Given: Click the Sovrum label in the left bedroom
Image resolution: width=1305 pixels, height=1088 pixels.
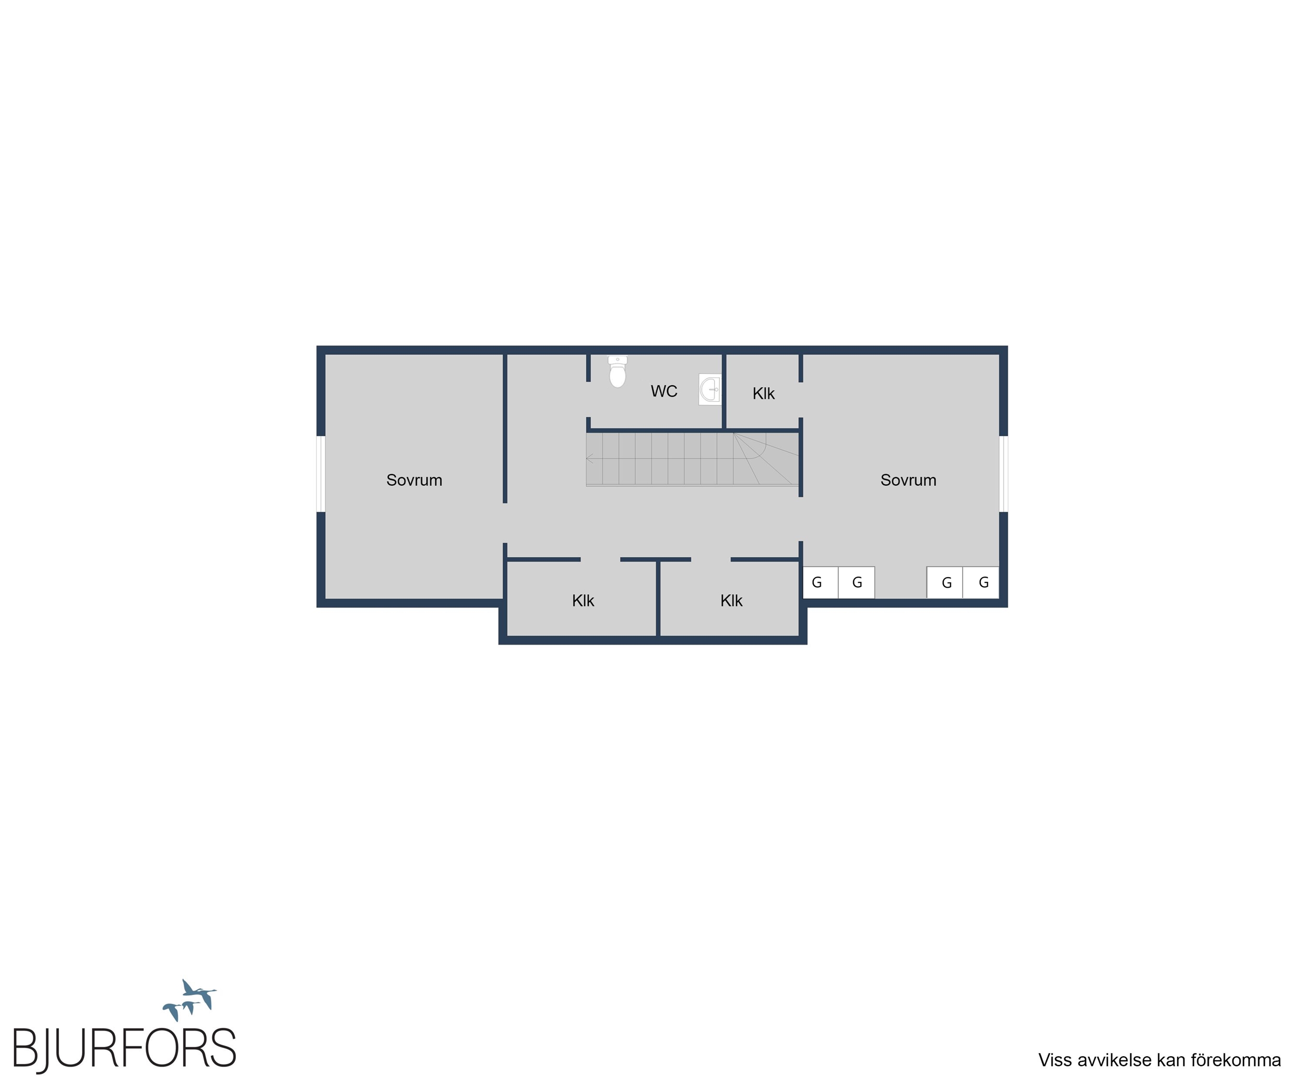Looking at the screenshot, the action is tap(414, 480).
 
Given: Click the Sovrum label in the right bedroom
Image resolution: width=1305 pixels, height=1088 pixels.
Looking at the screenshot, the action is tap(908, 480).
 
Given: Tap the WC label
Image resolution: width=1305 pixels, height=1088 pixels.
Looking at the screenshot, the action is tap(663, 391).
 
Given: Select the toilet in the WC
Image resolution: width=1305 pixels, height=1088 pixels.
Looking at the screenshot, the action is tap(617, 371).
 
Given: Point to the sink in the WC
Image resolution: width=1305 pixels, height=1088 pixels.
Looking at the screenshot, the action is tap(710, 389).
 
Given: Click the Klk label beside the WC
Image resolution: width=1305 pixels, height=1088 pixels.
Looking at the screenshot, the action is tap(763, 393).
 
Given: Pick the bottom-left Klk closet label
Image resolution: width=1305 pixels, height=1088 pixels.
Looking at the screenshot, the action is tap(583, 601).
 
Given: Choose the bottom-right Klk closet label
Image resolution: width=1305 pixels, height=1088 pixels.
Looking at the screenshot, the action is tap(731, 601).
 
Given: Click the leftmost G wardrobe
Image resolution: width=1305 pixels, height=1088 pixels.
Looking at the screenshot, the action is tap(820, 582).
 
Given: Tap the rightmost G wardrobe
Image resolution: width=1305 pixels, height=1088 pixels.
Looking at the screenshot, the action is tap(981, 582).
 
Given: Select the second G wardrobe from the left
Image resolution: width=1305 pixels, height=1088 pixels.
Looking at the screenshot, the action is tap(856, 582).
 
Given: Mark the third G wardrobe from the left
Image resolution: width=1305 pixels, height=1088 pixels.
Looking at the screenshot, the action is tap(945, 582).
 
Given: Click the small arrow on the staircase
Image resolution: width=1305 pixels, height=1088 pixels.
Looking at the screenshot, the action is tap(590, 459).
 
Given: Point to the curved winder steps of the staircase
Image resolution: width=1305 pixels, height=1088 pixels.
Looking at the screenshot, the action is tap(766, 459).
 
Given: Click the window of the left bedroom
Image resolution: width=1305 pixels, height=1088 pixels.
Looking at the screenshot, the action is tap(321, 474).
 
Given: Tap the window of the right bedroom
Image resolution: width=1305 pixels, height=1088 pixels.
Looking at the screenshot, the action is tap(1003, 474).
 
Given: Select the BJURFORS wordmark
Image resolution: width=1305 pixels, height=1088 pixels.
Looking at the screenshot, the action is tap(124, 1049).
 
